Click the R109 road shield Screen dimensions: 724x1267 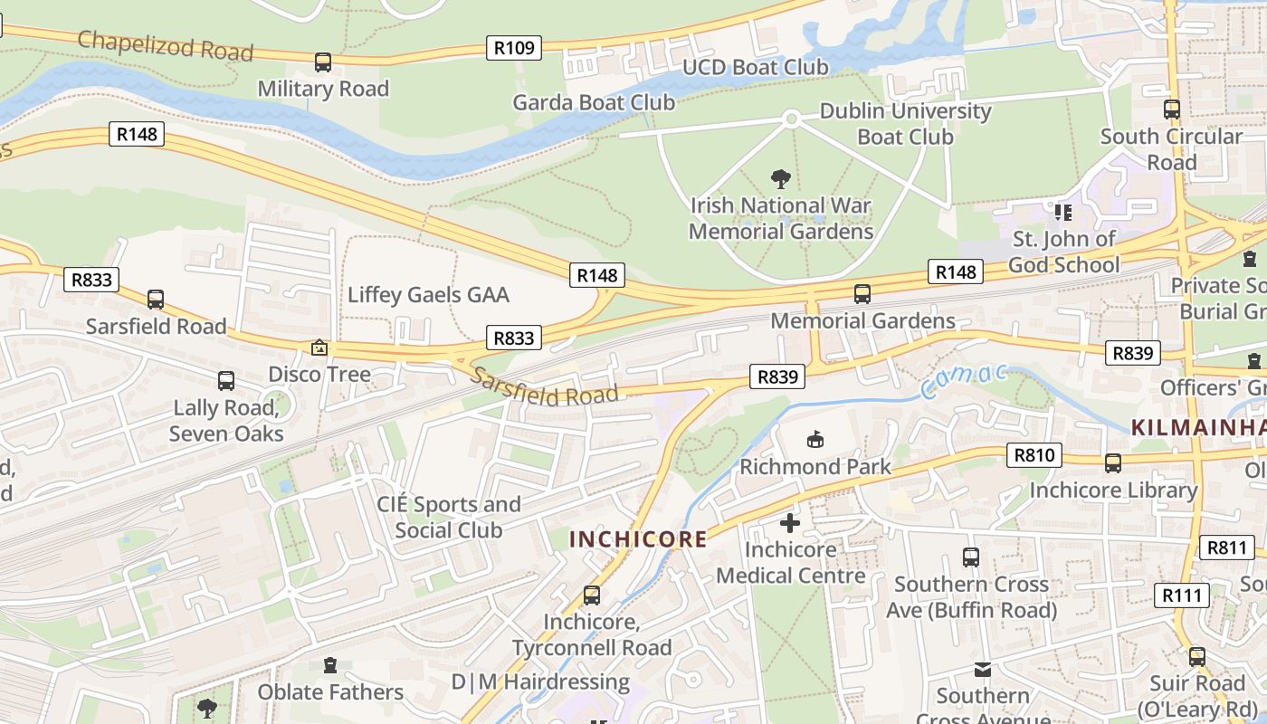pos(514,48)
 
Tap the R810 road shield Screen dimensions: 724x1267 pos(1034,455)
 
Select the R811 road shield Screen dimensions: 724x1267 pos(1227,547)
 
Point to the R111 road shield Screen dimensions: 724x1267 pos(1183,595)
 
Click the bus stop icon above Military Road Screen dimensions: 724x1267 pos(323,62)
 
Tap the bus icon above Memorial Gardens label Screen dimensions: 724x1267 pos(862,294)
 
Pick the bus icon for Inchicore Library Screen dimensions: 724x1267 pos(1113,463)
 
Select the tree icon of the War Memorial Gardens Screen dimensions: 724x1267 pos(780,179)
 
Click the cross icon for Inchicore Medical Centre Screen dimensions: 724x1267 pos(790,523)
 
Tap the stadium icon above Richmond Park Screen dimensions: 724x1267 pos(815,440)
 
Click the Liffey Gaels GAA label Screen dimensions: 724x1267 pos(428,295)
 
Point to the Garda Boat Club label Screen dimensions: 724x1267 pos(594,102)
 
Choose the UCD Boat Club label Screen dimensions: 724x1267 pos(755,67)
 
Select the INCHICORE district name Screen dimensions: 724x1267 pos(638,539)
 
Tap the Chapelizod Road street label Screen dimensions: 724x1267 pos(166,45)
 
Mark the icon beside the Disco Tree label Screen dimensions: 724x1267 pos(319,348)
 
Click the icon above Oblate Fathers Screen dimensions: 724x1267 pos(329,666)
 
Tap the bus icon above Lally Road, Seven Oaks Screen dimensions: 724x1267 pos(226,381)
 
